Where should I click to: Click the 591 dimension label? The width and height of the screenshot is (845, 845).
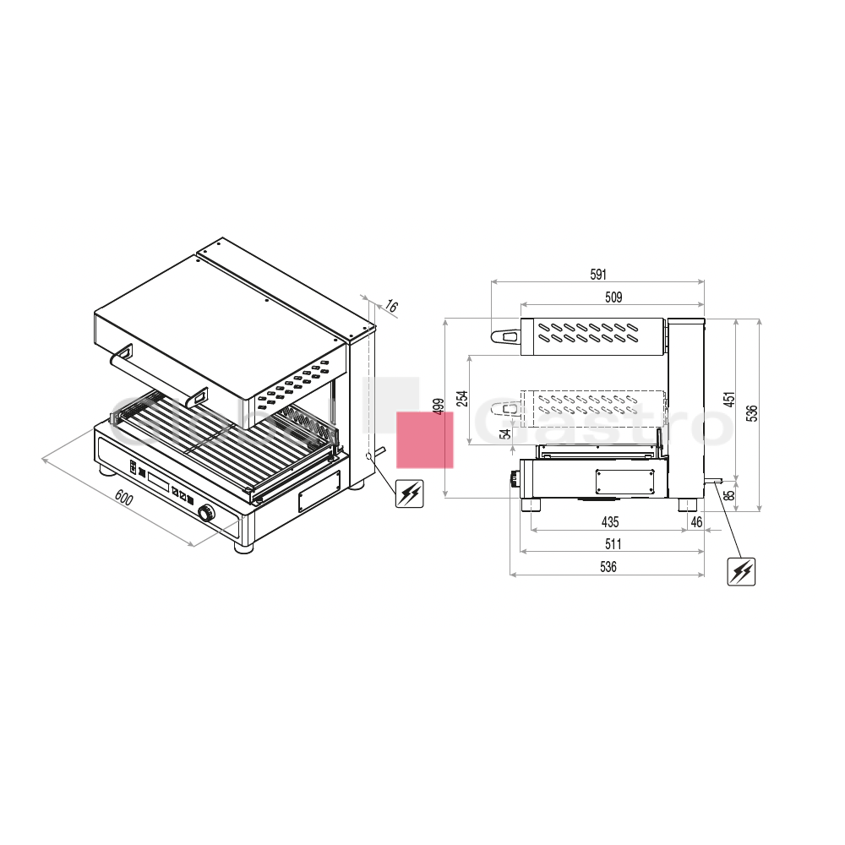point(598,275)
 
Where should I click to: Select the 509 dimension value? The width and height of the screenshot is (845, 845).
point(613,297)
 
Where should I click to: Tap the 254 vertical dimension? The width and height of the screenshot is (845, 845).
point(462,398)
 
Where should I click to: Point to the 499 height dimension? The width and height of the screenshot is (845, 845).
point(439,406)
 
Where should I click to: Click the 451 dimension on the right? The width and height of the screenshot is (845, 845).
point(729,400)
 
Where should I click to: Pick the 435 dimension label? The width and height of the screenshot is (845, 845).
point(610,521)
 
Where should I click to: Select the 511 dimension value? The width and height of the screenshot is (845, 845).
point(613,543)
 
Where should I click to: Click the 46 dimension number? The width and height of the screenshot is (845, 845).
point(696,521)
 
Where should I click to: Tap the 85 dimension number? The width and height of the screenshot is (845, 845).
point(729,494)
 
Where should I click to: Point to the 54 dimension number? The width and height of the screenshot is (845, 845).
point(505,433)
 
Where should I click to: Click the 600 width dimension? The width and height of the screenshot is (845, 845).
point(124,499)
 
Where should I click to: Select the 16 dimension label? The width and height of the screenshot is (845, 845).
point(391,306)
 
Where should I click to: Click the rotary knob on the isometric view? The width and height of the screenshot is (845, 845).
point(206,514)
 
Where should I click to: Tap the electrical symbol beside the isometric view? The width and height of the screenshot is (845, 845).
point(410,493)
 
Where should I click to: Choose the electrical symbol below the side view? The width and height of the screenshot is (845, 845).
point(741,571)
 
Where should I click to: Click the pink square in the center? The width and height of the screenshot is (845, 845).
point(425,439)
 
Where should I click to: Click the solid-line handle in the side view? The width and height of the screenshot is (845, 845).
point(505,337)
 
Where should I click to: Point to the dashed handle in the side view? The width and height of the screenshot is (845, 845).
point(508,410)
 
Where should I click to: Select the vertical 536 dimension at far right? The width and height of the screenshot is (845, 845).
point(752,413)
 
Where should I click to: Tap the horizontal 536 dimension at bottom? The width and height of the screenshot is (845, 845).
point(608,566)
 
